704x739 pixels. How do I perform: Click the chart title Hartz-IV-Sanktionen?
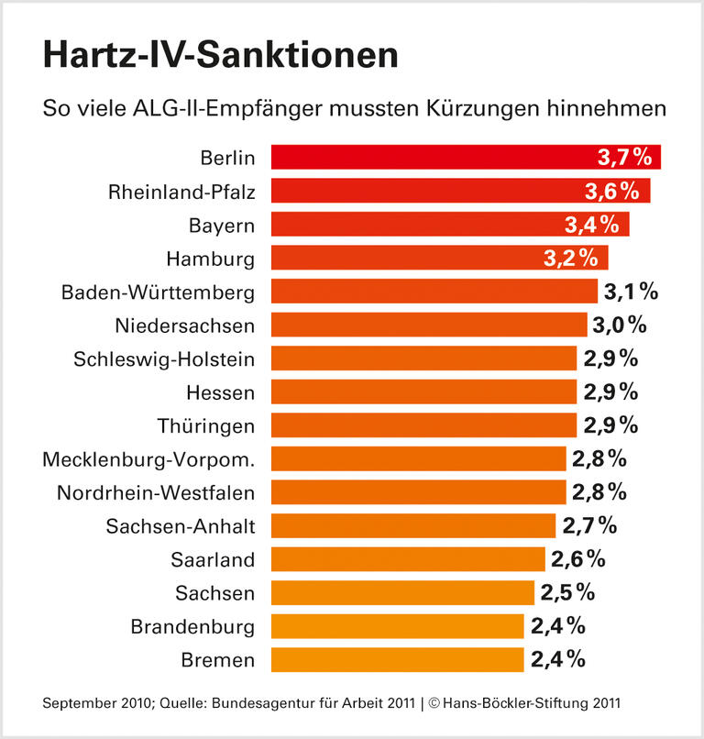point(220,57)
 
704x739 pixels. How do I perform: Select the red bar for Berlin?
point(431,158)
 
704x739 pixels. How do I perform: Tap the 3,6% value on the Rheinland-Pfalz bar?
point(611,191)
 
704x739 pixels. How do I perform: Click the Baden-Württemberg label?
point(158,292)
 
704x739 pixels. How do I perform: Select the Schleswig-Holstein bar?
point(423,358)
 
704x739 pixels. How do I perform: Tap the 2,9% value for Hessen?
point(610,392)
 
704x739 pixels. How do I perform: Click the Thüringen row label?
point(207,425)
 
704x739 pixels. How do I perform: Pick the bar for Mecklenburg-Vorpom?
point(417,458)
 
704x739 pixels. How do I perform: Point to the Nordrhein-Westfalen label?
point(155,492)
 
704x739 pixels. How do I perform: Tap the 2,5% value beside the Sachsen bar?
point(567,592)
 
